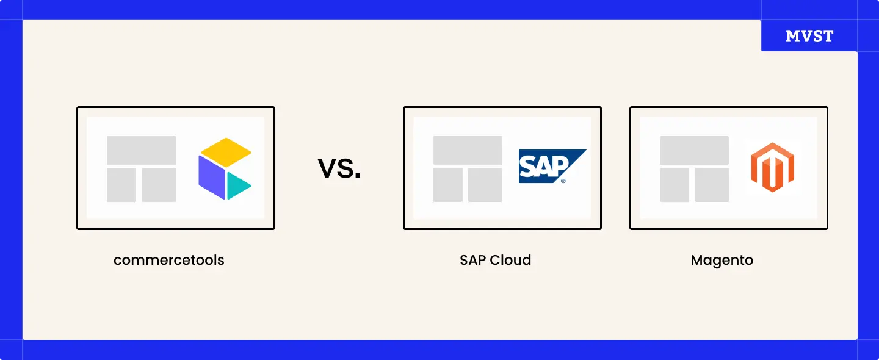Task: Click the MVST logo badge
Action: coord(809,36)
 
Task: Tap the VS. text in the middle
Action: coord(339,168)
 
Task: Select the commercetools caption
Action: coord(169,261)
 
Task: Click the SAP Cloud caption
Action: coord(495,261)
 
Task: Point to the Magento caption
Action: coord(722,261)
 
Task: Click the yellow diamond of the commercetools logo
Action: coord(226,153)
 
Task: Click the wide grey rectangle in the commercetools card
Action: coord(141,150)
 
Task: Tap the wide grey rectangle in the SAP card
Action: coord(468,150)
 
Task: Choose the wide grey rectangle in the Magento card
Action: coord(694,150)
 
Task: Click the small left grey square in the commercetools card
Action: coord(121,185)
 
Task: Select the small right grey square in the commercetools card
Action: coord(159,185)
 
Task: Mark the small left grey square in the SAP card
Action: coord(448,185)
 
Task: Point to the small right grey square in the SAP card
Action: coord(485,185)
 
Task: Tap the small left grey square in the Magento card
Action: coord(675,185)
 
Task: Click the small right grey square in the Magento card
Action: coord(712,185)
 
